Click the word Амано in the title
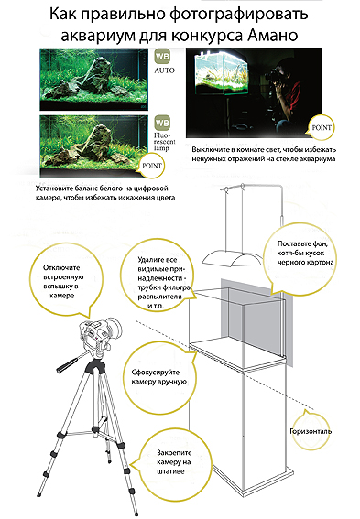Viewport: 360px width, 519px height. (273, 35)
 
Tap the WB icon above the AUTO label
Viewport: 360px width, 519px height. (162, 57)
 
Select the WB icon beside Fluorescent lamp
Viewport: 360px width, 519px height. (162, 123)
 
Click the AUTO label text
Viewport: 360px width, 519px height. (164, 70)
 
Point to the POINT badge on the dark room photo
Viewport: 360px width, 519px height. (322, 128)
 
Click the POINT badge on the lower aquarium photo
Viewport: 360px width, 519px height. (152, 166)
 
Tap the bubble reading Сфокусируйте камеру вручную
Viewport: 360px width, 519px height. (158, 377)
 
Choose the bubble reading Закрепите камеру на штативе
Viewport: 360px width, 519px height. (174, 461)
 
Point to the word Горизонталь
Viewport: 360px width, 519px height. (311, 431)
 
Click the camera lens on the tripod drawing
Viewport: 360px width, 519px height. (115, 328)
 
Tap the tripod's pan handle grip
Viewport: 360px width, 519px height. (63, 367)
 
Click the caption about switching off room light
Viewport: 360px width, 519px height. (264, 155)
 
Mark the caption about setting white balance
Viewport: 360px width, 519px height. (105, 193)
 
